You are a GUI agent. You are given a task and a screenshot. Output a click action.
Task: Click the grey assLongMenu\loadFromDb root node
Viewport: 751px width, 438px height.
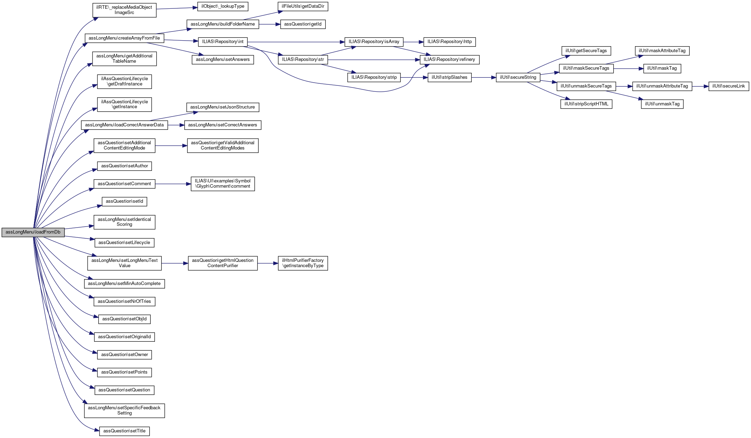33,232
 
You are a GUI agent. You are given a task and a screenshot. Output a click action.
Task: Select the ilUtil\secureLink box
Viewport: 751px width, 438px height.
729,86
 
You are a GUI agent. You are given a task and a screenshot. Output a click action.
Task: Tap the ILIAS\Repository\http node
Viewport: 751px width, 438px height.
449,42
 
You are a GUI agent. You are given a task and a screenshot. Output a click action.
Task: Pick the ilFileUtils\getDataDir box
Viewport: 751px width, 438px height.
303,6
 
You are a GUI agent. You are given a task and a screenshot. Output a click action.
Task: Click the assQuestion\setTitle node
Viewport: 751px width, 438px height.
124,431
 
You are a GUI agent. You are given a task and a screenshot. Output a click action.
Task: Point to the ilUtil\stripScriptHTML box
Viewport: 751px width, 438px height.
586,104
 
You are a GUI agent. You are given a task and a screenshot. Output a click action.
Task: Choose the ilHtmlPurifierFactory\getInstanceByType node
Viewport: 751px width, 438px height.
303,263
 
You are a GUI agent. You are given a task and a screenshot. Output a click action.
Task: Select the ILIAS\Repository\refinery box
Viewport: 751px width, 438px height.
449,60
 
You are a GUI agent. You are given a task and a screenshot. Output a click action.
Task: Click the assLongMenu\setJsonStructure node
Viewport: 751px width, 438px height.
223,107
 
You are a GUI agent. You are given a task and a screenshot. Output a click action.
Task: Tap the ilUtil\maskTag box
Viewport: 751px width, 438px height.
662,68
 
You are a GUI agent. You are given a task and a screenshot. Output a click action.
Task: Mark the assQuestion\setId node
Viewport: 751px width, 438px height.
124,201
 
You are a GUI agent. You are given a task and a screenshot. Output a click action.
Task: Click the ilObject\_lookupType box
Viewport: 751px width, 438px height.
223,6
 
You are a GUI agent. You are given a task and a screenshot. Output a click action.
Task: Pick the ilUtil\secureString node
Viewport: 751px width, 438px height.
518,77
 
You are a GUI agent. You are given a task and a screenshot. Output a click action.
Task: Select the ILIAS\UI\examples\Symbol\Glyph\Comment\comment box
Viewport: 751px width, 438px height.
223,183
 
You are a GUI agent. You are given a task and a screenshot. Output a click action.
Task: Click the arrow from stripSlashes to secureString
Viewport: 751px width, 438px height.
484,77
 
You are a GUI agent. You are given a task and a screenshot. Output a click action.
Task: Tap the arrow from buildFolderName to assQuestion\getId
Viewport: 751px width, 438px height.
269,24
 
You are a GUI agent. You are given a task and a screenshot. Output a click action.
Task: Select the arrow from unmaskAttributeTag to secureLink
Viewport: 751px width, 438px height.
700,86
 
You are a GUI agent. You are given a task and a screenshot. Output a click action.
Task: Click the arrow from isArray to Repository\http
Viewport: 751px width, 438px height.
414,42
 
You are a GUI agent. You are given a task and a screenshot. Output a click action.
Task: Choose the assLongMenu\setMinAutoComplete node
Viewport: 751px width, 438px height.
124,284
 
